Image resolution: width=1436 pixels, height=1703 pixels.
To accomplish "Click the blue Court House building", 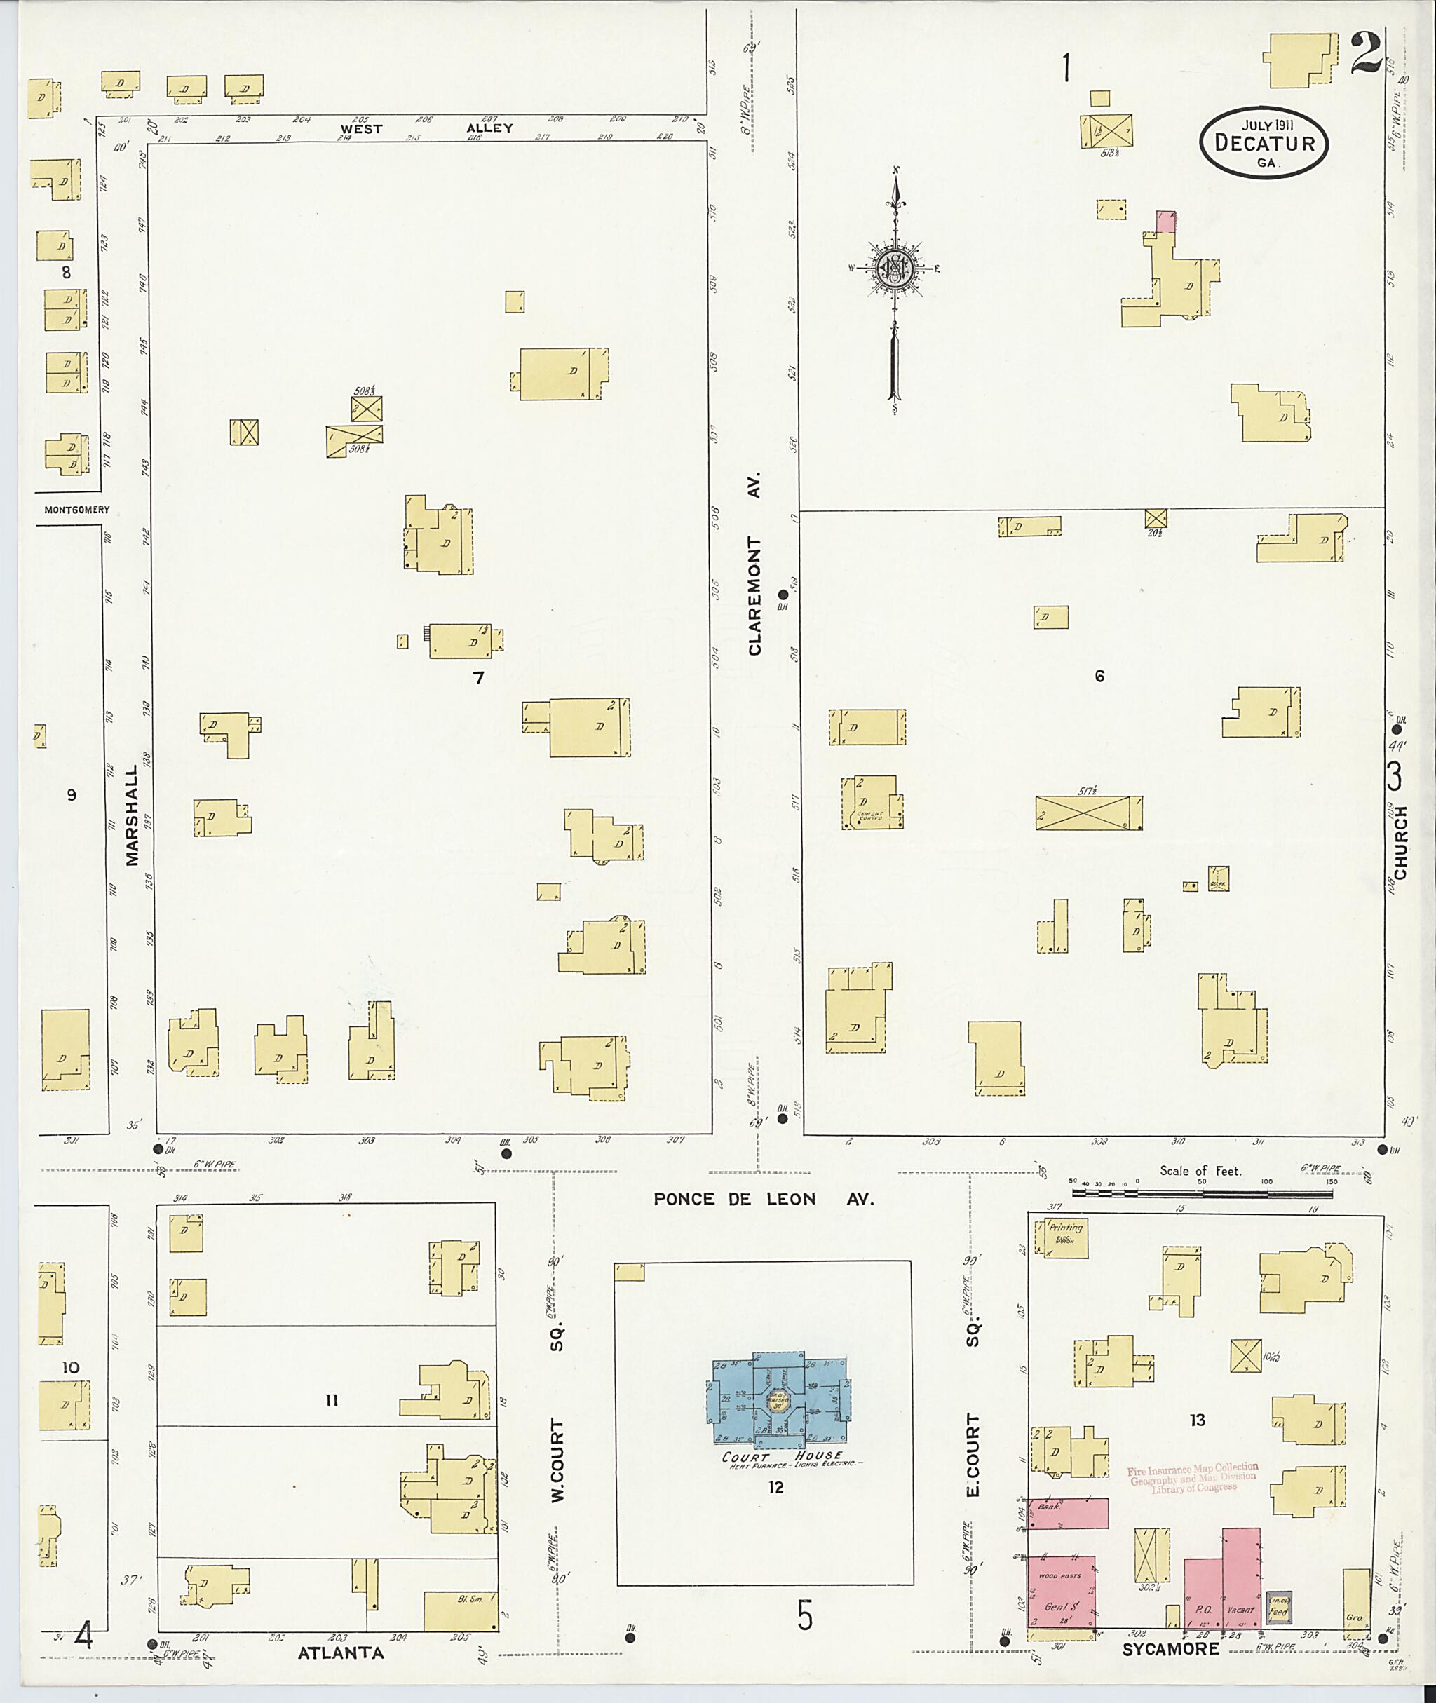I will [x=777, y=1400].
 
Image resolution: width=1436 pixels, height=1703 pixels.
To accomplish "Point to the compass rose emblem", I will [x=895, y=268].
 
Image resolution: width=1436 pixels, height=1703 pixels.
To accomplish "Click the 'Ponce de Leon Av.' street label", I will [x=763, y=1199].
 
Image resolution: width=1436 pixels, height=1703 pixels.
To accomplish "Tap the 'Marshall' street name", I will [x=132, y=814].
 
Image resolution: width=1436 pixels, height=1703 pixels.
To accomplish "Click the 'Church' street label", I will [x=1400, y=843].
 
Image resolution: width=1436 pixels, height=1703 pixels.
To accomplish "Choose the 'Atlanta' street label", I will [x=339, y=1653].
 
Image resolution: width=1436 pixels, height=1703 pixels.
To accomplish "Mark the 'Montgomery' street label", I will [x=76, y=510].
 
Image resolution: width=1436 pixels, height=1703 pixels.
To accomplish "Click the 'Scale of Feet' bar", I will [x=1202, y=1193].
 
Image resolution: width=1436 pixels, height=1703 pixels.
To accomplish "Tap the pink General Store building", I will [x=1061, y=1592].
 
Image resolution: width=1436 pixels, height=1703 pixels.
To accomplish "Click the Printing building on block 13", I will [x=1057, y=1238].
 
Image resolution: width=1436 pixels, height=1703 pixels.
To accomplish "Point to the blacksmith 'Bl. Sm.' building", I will [x=460, y=1611].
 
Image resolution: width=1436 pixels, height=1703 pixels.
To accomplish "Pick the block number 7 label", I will [x=479, y=677].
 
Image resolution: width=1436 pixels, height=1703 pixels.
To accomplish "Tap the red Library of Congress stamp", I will [x=1193, y=1477].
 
